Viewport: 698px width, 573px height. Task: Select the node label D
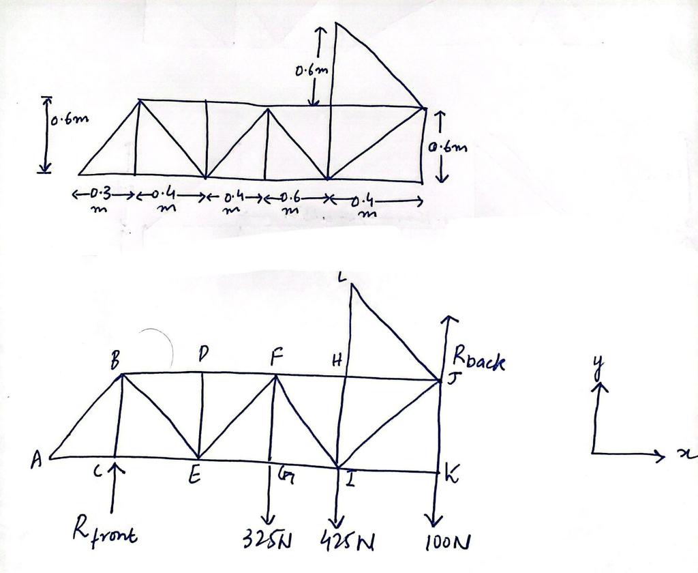[x=202, y=355]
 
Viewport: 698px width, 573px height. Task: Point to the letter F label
[x=275, y=357]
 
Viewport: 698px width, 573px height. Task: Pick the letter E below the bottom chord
[x=195, y=478]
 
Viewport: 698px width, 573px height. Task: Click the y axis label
[x=599, y=368]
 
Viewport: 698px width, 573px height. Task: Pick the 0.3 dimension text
[x=100, y=194]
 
